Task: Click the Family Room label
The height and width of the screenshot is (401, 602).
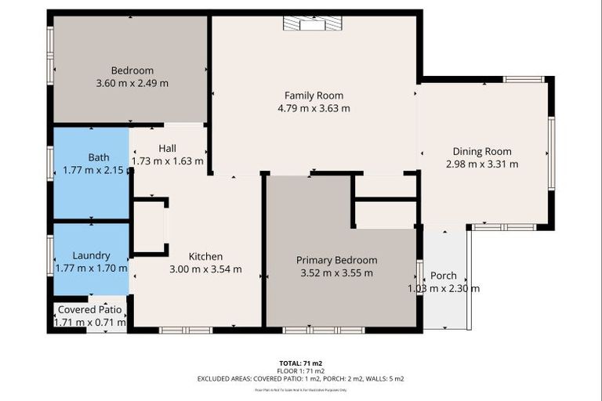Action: click(317, 96)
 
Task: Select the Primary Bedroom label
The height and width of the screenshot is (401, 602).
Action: click(336, 260)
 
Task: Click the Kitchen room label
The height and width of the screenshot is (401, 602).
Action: click(206, 256)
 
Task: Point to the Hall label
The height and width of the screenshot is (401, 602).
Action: click(167, 148)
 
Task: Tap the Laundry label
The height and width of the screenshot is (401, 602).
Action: click(91, 255)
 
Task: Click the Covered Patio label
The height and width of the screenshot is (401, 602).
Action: click(88, 309)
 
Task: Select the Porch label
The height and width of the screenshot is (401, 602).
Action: click(444, 276)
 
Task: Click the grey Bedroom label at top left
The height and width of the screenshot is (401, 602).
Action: click(132, 70)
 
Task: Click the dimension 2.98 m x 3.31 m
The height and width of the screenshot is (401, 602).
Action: click(482, 164)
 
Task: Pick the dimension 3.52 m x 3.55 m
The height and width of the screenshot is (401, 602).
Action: click(336, 273)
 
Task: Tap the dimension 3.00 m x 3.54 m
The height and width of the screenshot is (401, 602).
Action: click(206, 269)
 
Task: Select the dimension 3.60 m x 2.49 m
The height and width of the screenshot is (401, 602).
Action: click(132, 82)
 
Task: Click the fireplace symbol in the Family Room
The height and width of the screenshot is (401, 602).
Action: click(312, 25)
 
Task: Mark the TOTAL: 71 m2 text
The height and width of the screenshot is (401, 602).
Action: click(301, 363)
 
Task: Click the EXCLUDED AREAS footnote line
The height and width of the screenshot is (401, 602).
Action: click(301, 378)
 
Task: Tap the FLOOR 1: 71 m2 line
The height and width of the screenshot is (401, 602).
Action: click(301, 371)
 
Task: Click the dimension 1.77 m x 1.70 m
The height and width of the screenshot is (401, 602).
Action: click(91, 268)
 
